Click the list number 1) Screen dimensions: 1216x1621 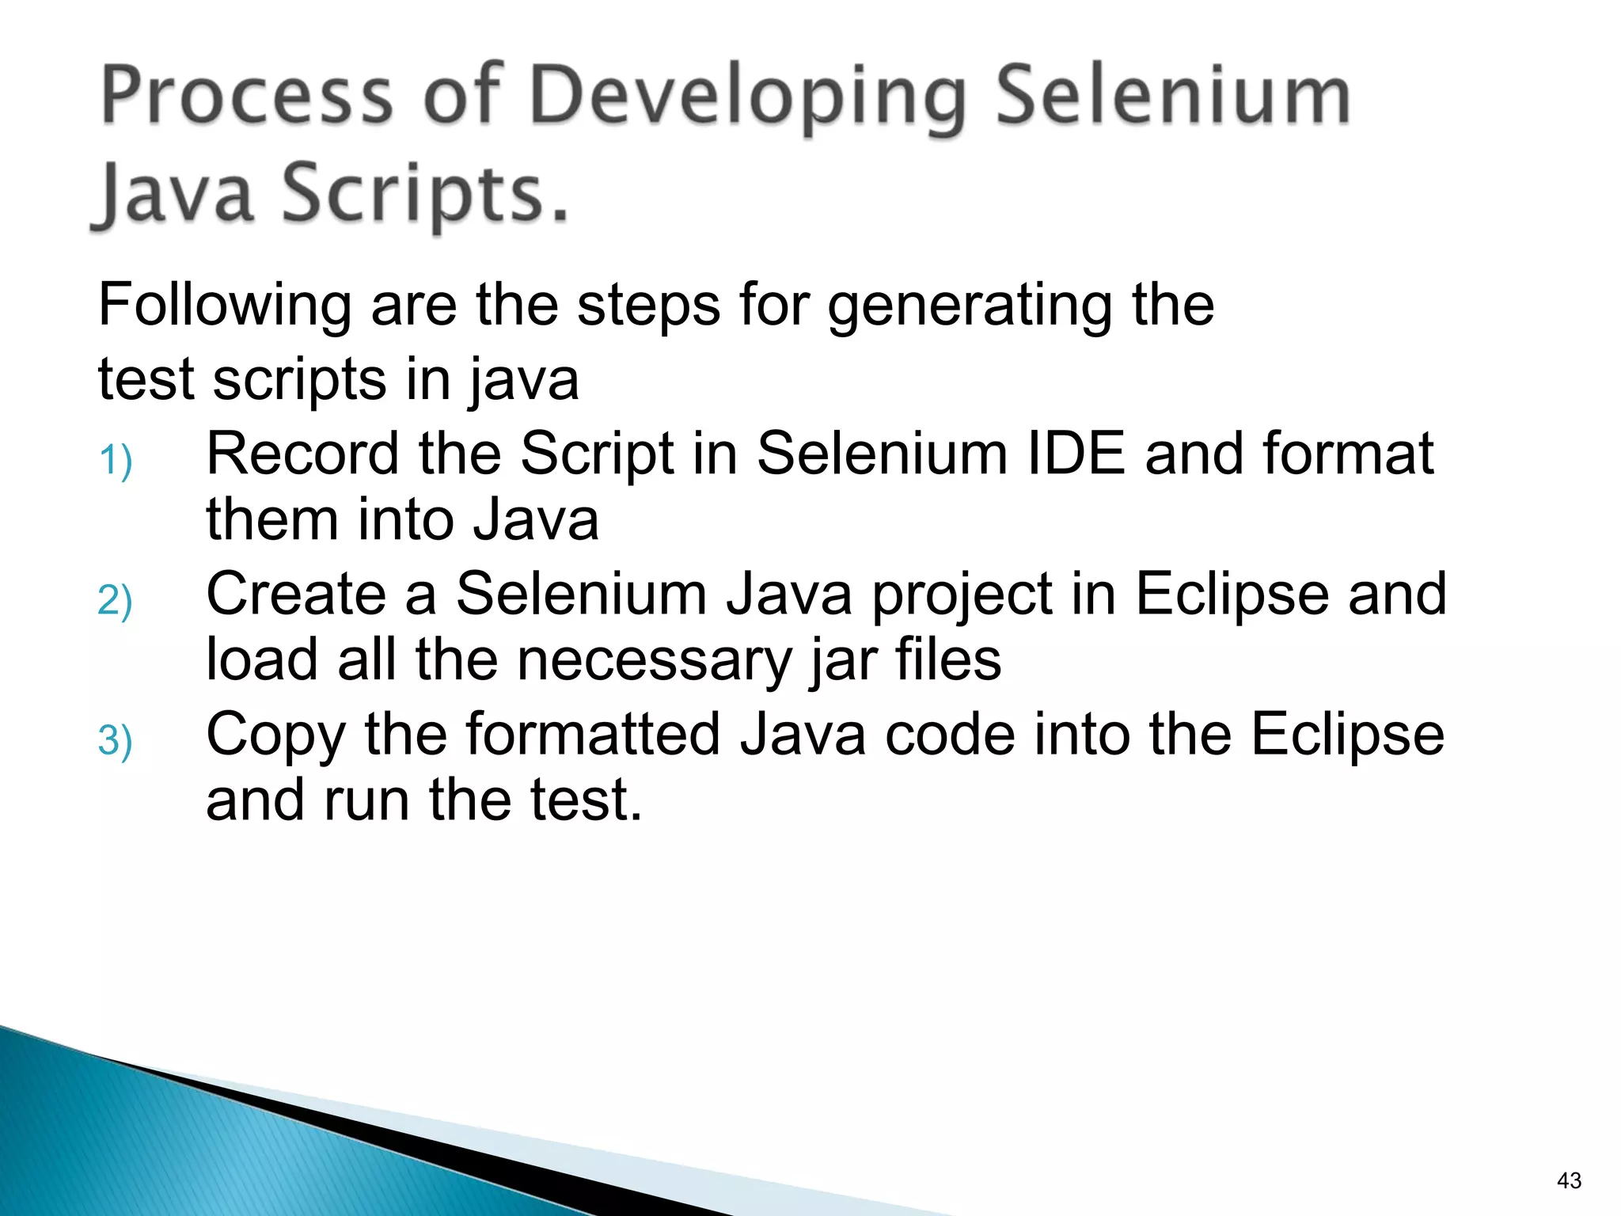pyautogui.click(x=116, y=461)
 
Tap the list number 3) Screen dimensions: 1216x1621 pyautogui.click(x=116, y=741)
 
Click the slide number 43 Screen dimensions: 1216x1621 pyautogui.click(x=1569, y=1180)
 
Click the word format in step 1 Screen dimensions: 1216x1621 pyautogui.click(x=1348, y=454)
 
